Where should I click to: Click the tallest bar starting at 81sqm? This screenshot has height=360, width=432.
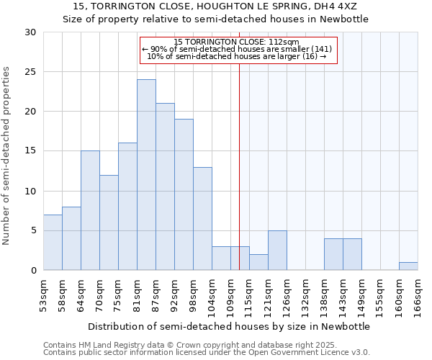(x=146, y=175)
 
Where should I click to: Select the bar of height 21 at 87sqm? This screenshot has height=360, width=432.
(x=165, y=186)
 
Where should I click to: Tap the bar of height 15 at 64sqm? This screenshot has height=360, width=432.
(x=90, y=210)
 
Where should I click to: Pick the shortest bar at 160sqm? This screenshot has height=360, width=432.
(x=408, y=266)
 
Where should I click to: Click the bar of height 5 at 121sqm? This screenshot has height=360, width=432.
(x=277, y=251)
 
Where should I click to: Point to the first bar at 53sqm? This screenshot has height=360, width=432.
(x=53, y=243)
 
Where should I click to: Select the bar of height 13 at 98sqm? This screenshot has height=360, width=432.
(x=202, y=219)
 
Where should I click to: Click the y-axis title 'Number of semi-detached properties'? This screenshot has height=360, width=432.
(x=7, y=156)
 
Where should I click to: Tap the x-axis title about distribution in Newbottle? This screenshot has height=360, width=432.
(x=229, y=326)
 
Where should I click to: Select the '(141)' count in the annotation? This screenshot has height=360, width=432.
(x=321, y=49)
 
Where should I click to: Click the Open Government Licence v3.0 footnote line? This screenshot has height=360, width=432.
(x=206, y=353)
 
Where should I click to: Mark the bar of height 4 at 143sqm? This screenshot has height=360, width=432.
(x=352, y=254)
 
